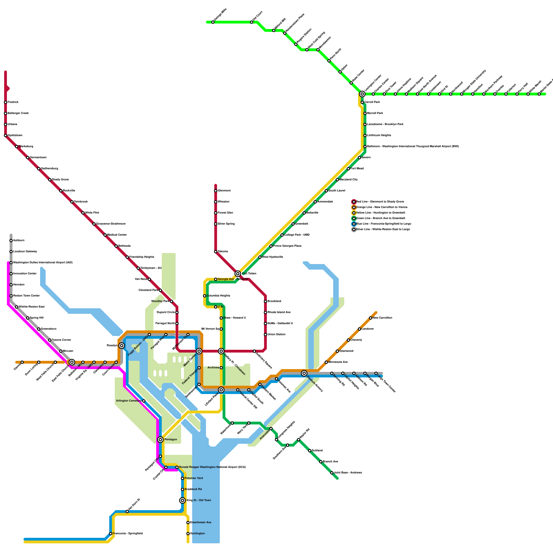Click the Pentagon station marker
point(160,440)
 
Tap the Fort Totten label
point(249,274)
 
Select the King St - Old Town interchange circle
point(182,500)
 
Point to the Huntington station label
point(197,534)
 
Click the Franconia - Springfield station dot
point(111,534)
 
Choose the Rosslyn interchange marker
point(122,346)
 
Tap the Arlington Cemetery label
point(128,401)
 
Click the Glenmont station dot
point(216,191)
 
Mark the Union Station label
point(276,335)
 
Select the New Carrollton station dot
point(371,318)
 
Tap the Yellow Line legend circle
point(354,213)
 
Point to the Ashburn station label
point(19,241)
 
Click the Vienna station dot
point(22,362)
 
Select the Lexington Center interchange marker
point(362,94)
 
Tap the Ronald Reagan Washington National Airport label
point(212,467)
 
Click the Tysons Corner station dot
point(50,340)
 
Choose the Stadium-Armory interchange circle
point(304,373)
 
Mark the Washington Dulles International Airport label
point(43,263)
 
